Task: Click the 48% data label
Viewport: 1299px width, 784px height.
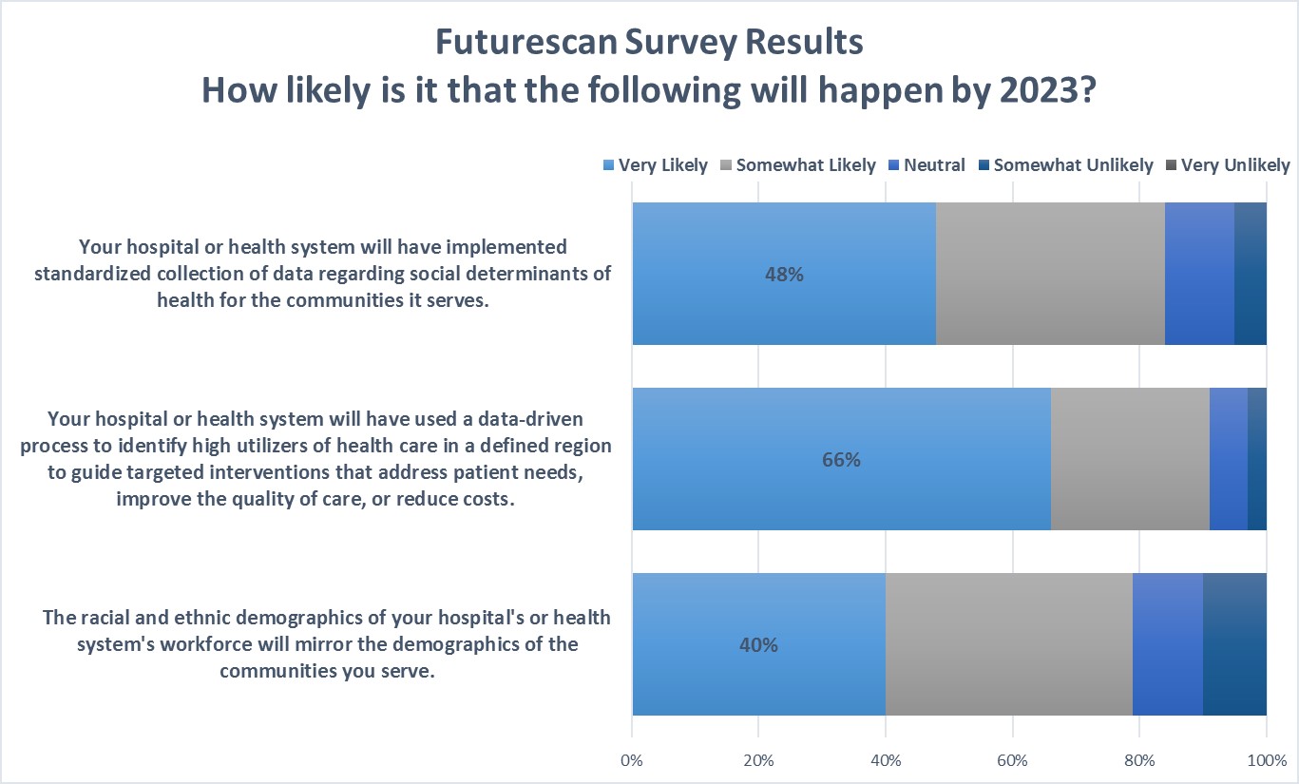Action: pos(784,275)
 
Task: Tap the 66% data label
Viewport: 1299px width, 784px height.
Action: pos(841,460)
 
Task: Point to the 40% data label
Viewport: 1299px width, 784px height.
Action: pos(758,645)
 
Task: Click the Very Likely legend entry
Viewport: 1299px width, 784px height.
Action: pos(662,165)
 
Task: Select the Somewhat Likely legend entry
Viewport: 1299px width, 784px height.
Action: pos(805,165)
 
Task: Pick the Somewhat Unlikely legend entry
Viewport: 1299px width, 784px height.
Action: pos(1073,165)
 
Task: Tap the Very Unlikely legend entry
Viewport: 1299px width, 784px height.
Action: pos(1234,165)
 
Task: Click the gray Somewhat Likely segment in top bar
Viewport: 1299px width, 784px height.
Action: pos(1050,274)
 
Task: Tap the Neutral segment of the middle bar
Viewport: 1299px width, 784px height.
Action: pos(1228,459)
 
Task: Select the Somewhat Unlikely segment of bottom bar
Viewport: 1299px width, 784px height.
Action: pos(1234,644)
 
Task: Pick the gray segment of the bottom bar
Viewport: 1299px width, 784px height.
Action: pos(1008,644)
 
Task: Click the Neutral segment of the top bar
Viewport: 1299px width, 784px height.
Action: pos(1199,274)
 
